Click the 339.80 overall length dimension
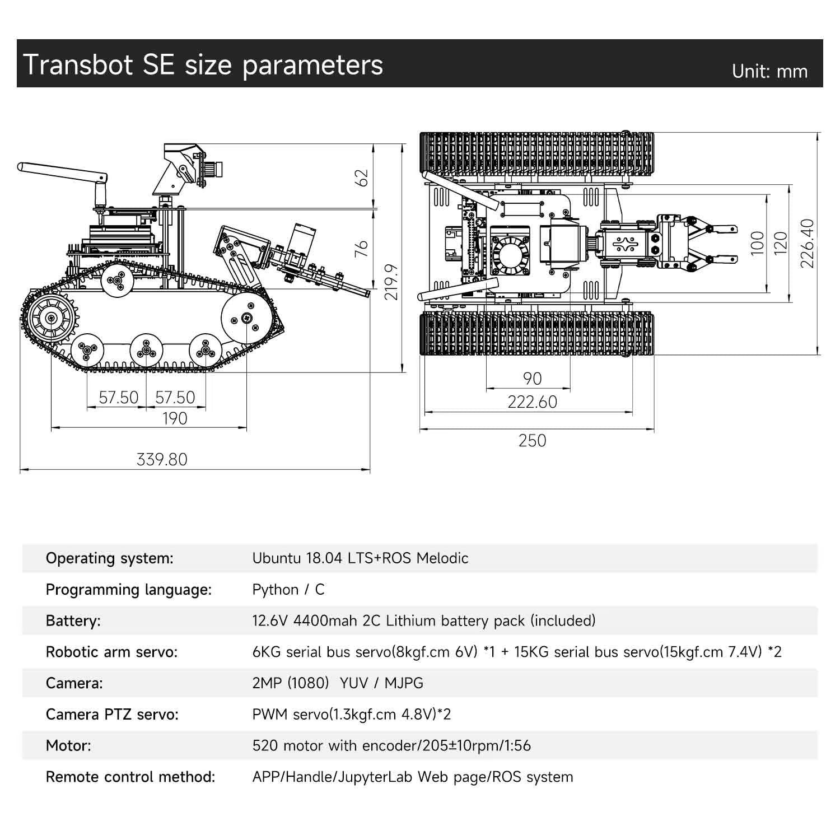click(x=162, y=459)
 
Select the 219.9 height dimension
click(x=392, y=282)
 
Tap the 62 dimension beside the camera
click(x=363, y=178)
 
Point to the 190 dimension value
click(x=174, y=418)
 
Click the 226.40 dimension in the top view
click(x=807, y=243)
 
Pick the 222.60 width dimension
click(x=532, y=402)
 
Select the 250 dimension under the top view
click(x=532, y=441)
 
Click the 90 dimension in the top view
click(x=532, y=379)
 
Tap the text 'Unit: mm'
click(x=769, y=72)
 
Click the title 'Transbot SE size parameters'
click(x=203, y=65)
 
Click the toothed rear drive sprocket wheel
click(x=52, y=319)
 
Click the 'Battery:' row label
click(x=73, y=621)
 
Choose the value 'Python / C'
click(x=288, y=590)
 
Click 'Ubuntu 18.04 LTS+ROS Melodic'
click(x=360, y=558)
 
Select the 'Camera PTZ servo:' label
click(x=112, y=715)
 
